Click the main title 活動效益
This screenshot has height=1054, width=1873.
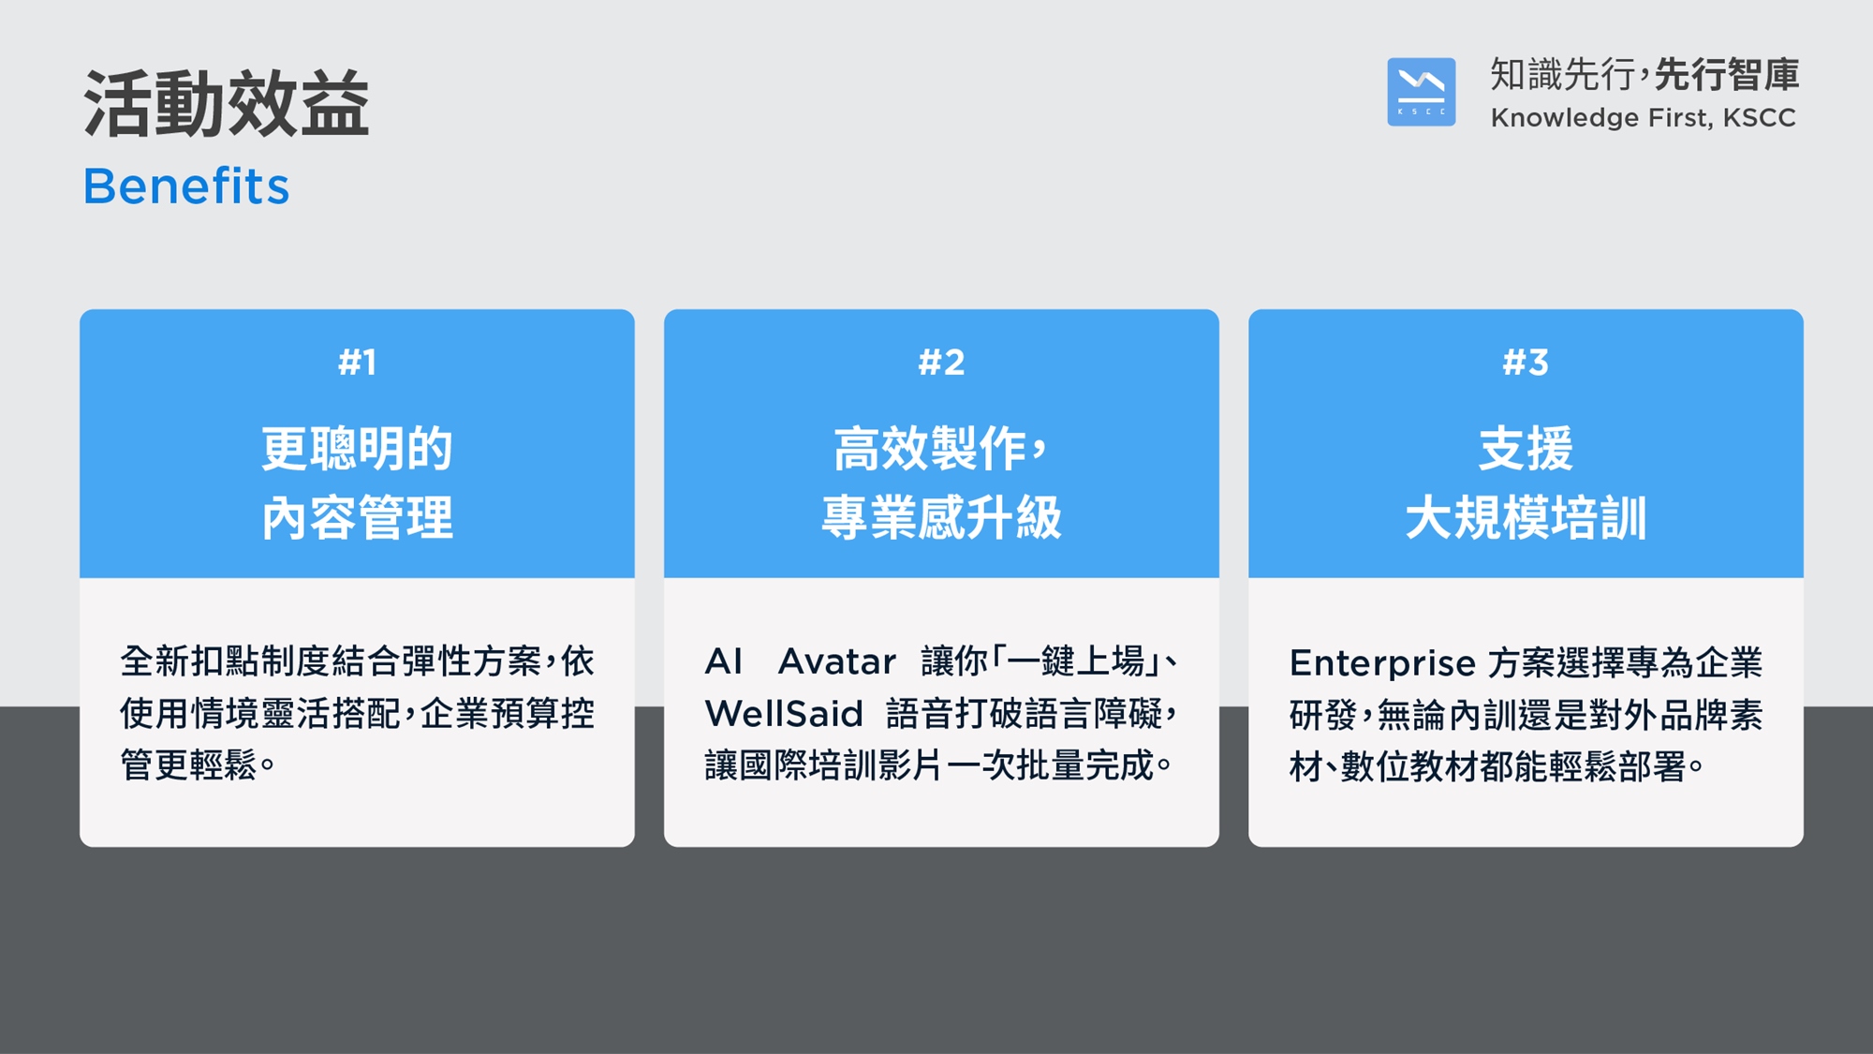[227, 103]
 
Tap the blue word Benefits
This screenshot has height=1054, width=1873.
[186, 186]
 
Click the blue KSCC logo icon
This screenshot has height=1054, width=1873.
[1421, 92]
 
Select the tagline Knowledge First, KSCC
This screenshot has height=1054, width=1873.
[1643, 118]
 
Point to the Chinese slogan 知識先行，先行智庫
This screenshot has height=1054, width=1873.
[1644, 74]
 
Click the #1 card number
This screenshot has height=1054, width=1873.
[357, 362]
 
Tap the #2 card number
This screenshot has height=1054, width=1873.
[941, 362]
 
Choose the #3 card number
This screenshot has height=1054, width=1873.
[1526, 362]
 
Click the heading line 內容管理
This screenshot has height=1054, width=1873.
[357, 518]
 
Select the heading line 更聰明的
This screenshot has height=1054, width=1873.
[357, 448]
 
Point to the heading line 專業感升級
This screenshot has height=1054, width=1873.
[941, 518]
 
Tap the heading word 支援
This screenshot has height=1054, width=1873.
[1526, 448]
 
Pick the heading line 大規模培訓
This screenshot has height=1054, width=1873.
[1526, 518]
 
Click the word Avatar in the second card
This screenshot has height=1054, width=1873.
[837, 661]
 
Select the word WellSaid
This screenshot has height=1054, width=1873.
[784, 714]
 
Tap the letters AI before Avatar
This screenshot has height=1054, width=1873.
[724, 661]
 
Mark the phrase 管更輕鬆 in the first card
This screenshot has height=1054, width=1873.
[188, 765]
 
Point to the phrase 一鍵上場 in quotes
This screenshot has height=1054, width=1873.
[1076, 661]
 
